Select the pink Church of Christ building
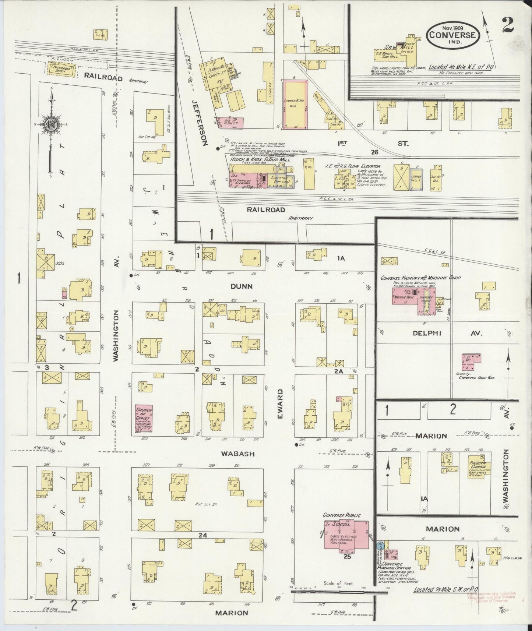coord(144,419)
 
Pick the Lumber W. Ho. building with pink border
coord(295,104)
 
